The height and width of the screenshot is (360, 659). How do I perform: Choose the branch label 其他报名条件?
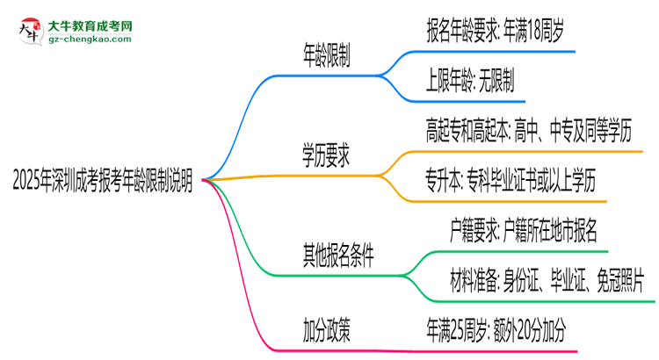(338, 256)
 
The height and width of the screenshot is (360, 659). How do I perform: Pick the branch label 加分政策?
(326, 330)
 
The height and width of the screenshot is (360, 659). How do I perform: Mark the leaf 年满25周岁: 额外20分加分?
(496, 330)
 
